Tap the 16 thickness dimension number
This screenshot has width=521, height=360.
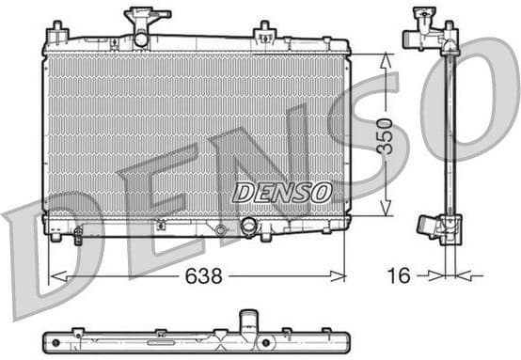[400, 275]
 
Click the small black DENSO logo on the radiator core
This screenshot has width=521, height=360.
[282, 192]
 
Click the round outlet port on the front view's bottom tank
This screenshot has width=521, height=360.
[249, 227]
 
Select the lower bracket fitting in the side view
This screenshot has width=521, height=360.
[439, 227]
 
